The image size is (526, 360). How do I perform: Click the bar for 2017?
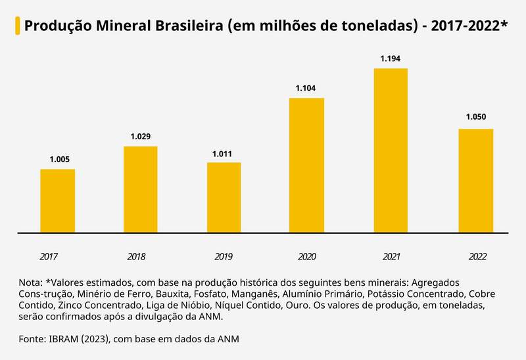pos(57,200)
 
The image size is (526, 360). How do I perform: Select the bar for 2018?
pos(141,189)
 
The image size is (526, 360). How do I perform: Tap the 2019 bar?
pos(224,197)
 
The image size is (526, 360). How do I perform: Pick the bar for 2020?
pos(307,165)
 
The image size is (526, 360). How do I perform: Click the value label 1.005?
pos(59,160)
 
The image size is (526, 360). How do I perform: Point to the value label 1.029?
pos(141,137)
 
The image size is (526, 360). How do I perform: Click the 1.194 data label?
pos(391,58)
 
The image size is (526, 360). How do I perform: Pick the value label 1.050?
pos(475,118)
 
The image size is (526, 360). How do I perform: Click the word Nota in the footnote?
pos(30,281)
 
